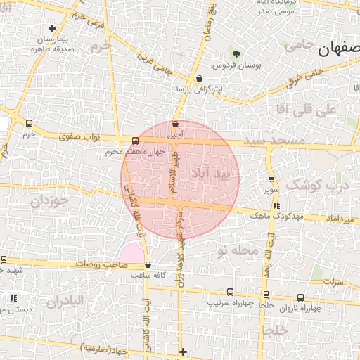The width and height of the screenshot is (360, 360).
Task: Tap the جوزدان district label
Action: click(x=46, y=202)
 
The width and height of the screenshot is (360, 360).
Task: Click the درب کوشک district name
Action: click(x=328, y=186)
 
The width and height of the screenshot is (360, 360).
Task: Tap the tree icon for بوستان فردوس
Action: click(x=236, y=54)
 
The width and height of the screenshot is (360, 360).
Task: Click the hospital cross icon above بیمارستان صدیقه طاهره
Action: click(x=52, y=28)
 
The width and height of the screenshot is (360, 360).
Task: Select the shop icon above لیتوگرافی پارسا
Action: click(x=200, y=79)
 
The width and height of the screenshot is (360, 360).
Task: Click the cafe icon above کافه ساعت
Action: click(x=148, y=265)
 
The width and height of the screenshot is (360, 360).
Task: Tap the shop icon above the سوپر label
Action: click(x=271, y=179)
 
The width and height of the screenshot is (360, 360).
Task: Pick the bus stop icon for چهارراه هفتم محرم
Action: click(x=135, y=140)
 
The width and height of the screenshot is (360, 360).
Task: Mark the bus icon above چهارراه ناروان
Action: click(x=300, y=297)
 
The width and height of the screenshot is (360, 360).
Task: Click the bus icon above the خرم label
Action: click(x=27, y=122)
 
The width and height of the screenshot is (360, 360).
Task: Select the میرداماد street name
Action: click(x=340, y=219)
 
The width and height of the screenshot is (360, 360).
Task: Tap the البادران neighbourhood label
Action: click(x=65, y=301)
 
